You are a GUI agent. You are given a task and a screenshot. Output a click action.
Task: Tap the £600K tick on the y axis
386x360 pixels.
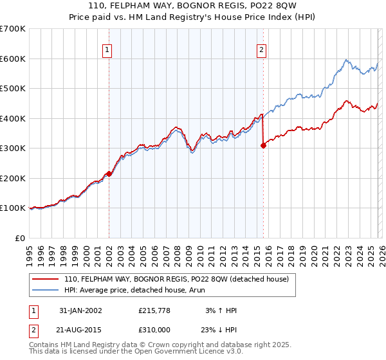point(13,59)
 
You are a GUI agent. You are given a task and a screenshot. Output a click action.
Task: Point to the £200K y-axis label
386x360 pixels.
point(13,178)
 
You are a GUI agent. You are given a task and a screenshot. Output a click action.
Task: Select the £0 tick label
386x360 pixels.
point(19,238)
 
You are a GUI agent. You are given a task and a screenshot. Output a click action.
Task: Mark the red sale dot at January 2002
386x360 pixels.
point(109,174)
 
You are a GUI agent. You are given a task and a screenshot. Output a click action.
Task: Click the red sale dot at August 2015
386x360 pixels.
point(263,146)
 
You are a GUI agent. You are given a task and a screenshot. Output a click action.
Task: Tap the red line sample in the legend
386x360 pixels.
point(46,279)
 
